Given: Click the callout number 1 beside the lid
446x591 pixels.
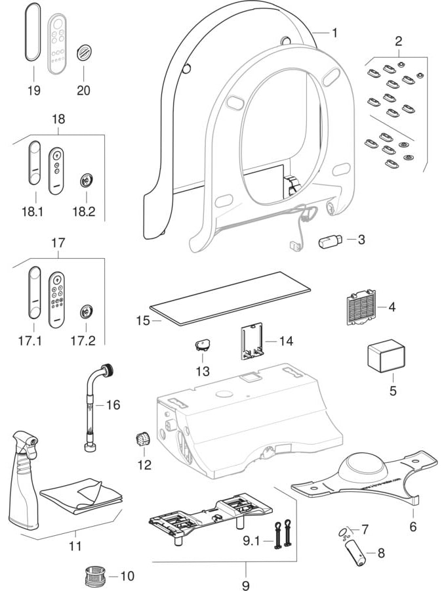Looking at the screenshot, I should (334, 32).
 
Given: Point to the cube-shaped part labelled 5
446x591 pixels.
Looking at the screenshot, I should (385, 355).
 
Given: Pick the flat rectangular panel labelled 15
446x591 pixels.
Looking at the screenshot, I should (230, 298).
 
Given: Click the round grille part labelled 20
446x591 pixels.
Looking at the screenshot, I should (83, 53).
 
